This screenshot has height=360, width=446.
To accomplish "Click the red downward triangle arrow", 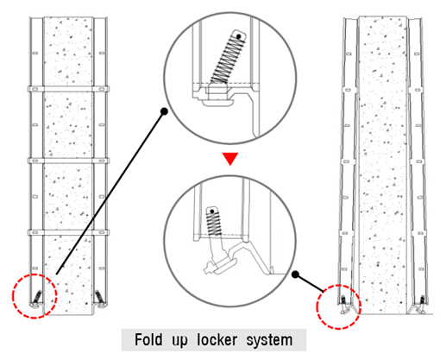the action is pos(230,158).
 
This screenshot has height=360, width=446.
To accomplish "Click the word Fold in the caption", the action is pos(148,340).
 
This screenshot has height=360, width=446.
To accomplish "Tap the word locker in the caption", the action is pos(217,340).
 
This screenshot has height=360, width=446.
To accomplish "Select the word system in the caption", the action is pos(269,341).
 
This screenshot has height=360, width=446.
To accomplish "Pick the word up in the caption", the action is pos(179,341).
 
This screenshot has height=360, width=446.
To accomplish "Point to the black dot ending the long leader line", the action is pos(164,111).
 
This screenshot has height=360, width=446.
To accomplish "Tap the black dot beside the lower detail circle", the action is pos(295,275).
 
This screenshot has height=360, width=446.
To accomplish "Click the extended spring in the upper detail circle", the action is pos(228,59).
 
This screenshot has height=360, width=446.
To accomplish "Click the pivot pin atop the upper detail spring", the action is pos(239,36).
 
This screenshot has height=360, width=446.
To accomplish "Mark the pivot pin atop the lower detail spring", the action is pos(212,212).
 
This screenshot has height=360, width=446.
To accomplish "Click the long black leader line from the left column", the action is pos(110,193).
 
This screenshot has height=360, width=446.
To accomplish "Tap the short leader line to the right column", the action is pos(310,283).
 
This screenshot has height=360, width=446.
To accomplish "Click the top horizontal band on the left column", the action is pos(68,89).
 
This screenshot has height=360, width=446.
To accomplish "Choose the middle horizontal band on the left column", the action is pos(68,161).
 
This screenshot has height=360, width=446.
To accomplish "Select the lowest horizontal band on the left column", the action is pos(68,232).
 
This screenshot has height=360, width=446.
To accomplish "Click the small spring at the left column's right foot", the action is pos(99,296).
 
